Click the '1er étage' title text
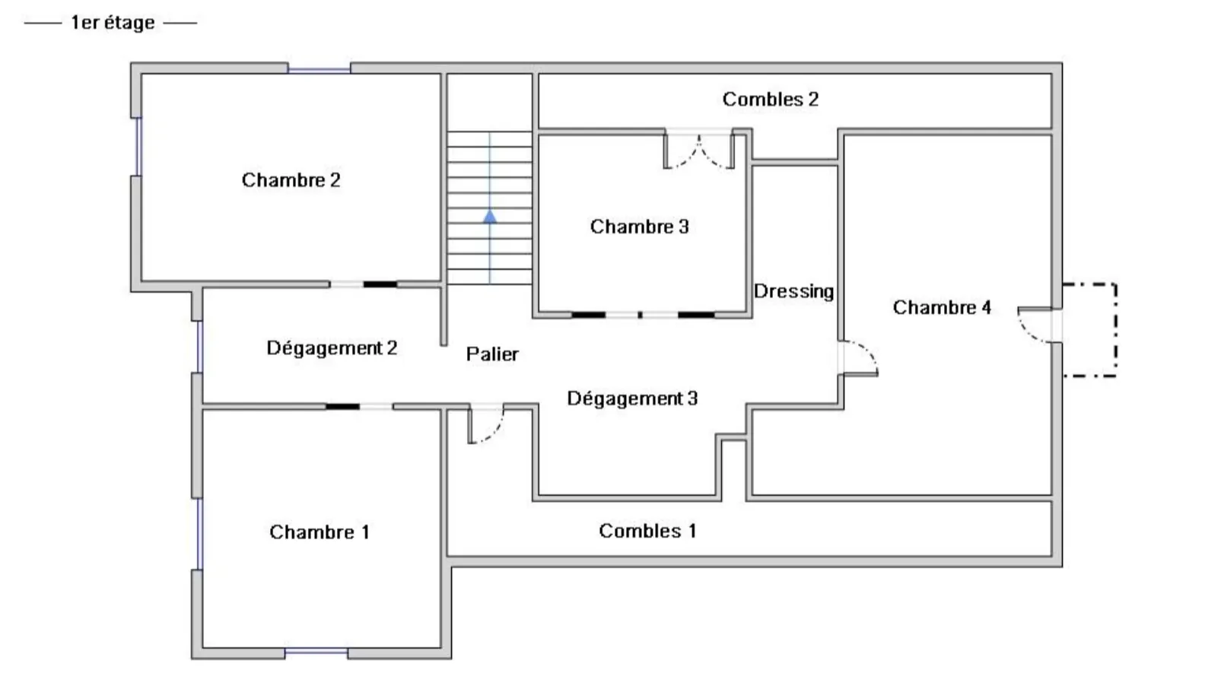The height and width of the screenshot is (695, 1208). point(112,23)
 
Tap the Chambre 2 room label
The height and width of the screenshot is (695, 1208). point(291,180)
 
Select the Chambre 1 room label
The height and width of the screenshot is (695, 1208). point(319,532)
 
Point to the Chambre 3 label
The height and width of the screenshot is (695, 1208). point(639,227)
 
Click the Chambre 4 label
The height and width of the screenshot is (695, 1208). point(941,307)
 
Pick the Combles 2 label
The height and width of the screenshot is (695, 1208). point(770,99)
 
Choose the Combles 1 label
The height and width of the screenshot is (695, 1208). point(647,531)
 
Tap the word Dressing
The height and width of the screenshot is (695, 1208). point(793,291)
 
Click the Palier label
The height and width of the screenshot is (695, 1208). point(492,354)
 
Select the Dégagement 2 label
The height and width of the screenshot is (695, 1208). point(331,347)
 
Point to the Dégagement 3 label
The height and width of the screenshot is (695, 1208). point(631,398)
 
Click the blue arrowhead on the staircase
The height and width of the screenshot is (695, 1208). point(490,217)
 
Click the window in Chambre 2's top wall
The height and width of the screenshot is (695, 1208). point(319,70)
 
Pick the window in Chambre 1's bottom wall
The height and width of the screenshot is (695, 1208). point(316,652)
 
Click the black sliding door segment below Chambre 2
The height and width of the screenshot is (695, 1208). point(380,284)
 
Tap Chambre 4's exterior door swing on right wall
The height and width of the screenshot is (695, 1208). point(1036,325)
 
